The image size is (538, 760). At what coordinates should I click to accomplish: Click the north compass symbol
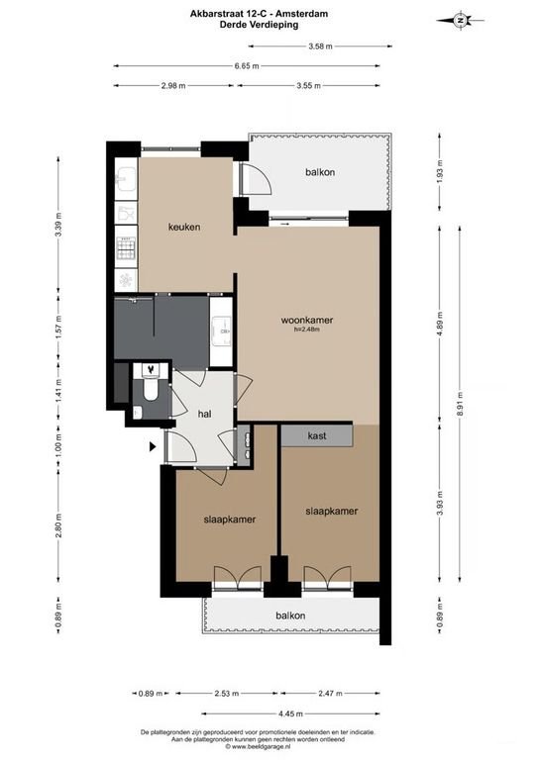tap(460, 21)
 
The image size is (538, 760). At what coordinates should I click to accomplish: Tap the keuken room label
tap(184, 227)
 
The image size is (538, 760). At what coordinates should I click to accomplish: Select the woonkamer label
tap(307, 320)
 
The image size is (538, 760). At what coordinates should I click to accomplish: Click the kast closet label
tap(317, 435)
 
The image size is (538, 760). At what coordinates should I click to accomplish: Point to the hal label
tap(205, 414)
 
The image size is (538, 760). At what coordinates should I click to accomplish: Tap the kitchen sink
tap(126, 178)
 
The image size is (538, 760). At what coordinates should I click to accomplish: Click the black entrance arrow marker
tap(153, 447)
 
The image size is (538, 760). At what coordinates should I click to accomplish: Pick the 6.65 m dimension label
tap(247, 66)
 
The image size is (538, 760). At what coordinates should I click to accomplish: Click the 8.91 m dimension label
tap(460, 401)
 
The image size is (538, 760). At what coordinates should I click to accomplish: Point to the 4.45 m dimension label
tap(290, 713)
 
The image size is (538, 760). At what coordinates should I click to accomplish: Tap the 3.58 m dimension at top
tap(321, 47)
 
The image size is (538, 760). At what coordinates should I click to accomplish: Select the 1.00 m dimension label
tap(58, 446)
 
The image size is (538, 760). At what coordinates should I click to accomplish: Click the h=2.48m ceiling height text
tap(307, 330)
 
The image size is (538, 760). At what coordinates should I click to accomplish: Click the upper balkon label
tap(320, 172)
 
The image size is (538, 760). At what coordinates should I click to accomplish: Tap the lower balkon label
tap(290, 616)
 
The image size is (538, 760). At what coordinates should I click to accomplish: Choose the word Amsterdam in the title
tap(304, 14)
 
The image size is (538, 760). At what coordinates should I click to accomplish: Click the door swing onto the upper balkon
tap(257, 179)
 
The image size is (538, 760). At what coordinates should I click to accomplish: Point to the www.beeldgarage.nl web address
tap(258, 746)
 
